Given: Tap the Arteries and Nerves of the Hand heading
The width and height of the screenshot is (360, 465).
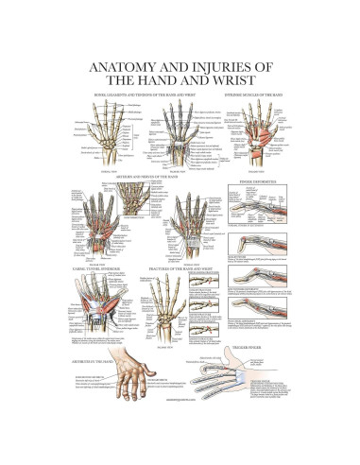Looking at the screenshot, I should pos(140,177).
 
